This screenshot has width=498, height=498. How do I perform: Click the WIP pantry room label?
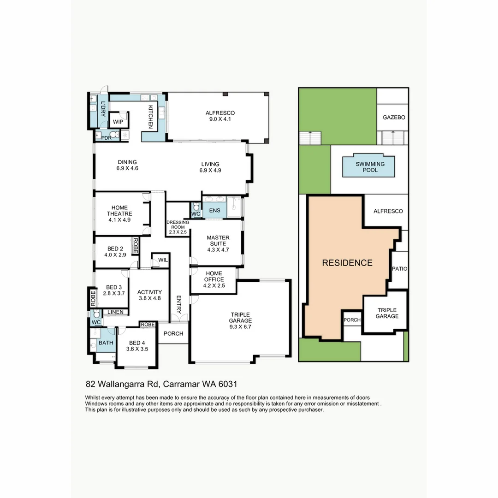(x=118, y=122)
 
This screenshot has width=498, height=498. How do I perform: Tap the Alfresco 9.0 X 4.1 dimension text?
(x=220, y=119)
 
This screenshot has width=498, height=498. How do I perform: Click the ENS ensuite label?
(x=215, y=210)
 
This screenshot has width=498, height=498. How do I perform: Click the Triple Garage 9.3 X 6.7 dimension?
(x=240, y=326)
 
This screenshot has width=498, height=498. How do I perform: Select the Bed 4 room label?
(x=137, y=343)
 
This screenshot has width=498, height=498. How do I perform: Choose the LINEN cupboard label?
(x=115, y=312)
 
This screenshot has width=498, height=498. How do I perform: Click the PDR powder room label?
(x=107, y=138)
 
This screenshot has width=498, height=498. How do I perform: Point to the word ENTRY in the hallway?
(x=178, y=304)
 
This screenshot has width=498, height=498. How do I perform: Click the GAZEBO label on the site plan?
(x=394, y=117)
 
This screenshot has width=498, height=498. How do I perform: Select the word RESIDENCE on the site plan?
(x=347, y=263)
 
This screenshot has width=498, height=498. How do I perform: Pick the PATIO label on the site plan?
(x=399, y=269)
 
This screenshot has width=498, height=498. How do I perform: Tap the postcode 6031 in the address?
(x=228, y=384)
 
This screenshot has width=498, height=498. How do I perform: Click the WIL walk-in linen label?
(x=163, y=260)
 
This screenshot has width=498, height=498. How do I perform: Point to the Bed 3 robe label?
(x=93, y=298)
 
